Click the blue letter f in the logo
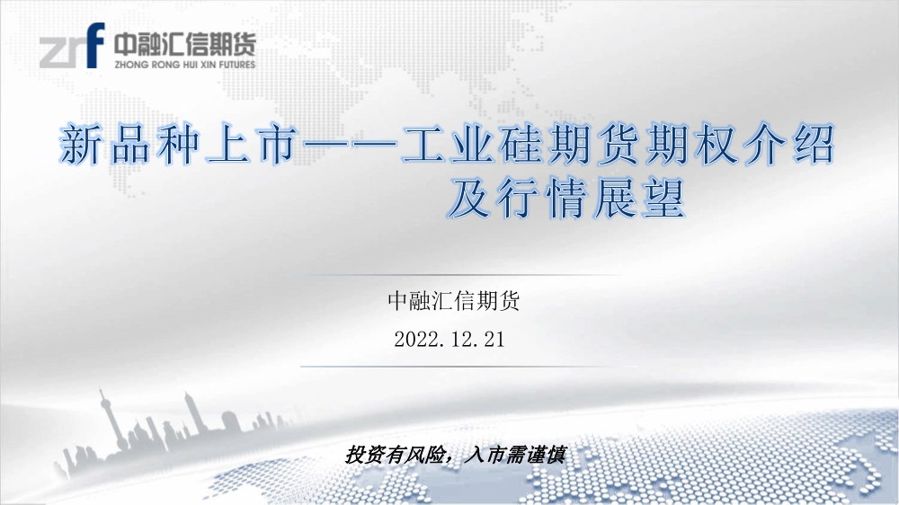(x=95, y=45)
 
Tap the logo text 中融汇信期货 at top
(x=184, y=43)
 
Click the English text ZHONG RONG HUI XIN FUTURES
(x=184, y=64)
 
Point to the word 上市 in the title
(x=253, y=146)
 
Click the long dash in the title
(x=350, y=146)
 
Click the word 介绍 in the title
(x=789, y=146)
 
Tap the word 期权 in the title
(x=691, y=146)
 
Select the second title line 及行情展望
(x=566, y=199)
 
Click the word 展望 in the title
(x=640, y=199)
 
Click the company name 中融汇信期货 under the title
(x=453, y=301)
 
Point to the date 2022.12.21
(x=449, y=340)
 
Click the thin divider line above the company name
(x=453, y=275)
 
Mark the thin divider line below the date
(x=469, y=367)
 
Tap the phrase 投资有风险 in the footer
(x=396, y=456)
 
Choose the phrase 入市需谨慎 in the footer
(x=515, y=456)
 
